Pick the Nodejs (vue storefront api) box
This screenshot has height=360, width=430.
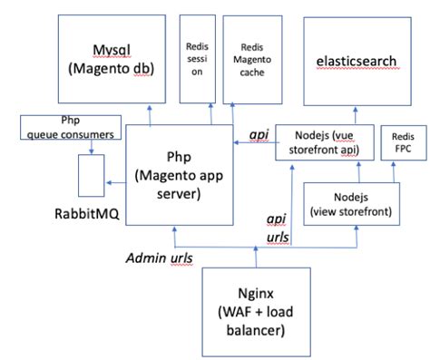tap(321, 142)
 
